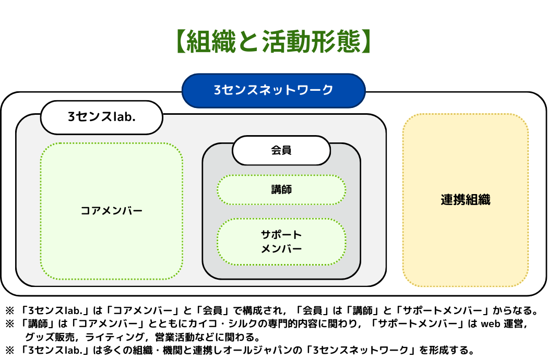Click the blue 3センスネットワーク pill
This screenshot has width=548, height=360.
click(x=273, y=90)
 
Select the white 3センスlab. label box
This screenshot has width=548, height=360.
click(x=102, y=117)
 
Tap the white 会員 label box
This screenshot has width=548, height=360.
click(x=281, y=151)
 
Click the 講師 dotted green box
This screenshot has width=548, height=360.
click(x=281, y=190)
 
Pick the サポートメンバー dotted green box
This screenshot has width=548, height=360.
click(x=281, y=242)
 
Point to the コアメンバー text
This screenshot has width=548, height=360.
click(x=112, y=211)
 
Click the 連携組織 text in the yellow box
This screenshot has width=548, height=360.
click(x=465, y=200)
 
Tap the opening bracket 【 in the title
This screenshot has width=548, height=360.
click(x=181, y=42)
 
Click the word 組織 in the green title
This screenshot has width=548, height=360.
click(x=214, y=42)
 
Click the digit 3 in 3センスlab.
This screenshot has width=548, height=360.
click(x=71, y=117)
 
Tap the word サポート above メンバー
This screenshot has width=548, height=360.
click(x=281, y=235)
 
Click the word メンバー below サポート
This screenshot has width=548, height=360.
click(x=281, y=249)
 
